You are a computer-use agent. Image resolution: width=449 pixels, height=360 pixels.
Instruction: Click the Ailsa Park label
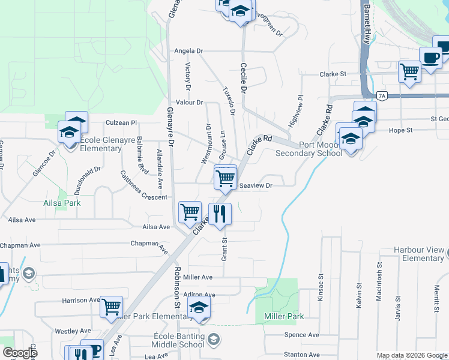point(62,203)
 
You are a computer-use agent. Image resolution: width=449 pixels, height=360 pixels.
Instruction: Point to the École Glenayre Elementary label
point(92,144)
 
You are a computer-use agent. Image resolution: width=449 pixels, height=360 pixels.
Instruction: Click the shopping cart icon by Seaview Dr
point(225,178)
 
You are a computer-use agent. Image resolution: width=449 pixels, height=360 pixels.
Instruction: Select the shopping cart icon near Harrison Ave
point(111,307)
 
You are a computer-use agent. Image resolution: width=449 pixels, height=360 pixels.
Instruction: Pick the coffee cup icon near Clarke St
point(431,58)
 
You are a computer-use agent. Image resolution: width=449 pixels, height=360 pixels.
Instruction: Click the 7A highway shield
point(382,95)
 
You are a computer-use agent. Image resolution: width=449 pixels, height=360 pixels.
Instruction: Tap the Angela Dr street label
point(189,51)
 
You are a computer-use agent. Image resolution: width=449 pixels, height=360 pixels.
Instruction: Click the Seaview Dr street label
point(256,186)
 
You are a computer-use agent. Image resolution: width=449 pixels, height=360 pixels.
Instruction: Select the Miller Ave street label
point(198,277)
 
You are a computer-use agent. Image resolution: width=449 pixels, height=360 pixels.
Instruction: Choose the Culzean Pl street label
point(121,122)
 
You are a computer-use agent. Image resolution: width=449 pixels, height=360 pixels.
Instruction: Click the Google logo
point(20,353)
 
